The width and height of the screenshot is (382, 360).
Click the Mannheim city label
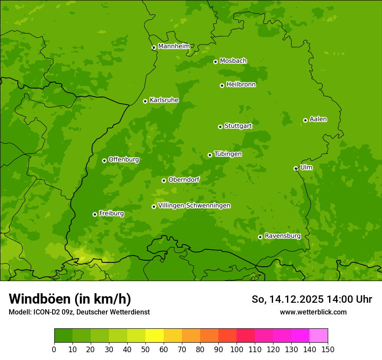pos(174,46)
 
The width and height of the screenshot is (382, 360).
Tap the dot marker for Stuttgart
pos(220,127)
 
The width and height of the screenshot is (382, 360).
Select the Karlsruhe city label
pos(164,100)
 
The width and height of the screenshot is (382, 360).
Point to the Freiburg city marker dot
pos(95,214)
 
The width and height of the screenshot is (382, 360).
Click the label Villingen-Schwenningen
pos(194,206)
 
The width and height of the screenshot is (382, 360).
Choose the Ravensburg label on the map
pos(282,236)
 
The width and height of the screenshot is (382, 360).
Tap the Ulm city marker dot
pos(296,168)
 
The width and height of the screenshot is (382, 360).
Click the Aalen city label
pos(318,119)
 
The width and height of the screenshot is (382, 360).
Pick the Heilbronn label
pos(241,85)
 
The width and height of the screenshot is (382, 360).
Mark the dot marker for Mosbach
pos(215,62)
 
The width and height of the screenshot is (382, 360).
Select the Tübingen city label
pos(228,154)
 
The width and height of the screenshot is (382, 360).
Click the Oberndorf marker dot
pos(164,180)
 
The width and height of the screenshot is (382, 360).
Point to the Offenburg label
pos(124,160)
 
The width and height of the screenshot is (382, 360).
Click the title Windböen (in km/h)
pos(70,299)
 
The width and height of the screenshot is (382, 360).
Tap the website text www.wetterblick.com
pos(313,312)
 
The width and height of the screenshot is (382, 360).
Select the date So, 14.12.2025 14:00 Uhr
pos(312,299)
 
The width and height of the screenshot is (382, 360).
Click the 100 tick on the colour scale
pos(237,349)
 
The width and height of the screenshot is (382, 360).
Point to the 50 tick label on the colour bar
pos(145,349)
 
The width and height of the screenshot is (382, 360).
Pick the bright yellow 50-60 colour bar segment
pos(155,336)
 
